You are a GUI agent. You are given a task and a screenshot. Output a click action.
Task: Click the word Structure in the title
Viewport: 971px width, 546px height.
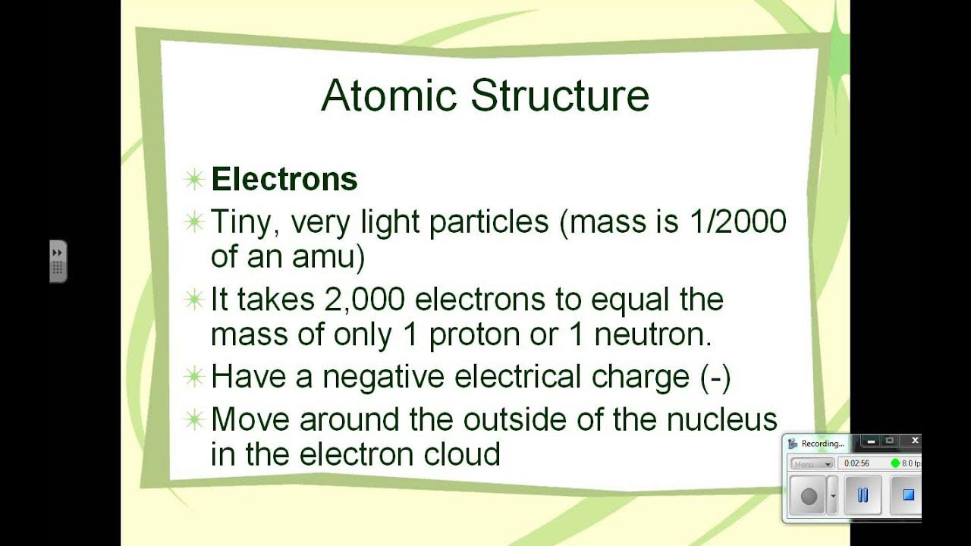(560, 96)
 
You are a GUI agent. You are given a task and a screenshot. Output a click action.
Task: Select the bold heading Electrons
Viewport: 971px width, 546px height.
(284, 180)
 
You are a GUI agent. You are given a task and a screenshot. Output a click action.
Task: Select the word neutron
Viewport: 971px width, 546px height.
(652, 334)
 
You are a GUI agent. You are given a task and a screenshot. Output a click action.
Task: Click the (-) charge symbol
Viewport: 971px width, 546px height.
(716, 377)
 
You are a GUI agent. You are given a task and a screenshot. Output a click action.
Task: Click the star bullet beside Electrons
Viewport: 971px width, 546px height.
(195, 180)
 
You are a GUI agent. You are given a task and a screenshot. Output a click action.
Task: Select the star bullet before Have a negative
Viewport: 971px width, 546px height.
(195, 377)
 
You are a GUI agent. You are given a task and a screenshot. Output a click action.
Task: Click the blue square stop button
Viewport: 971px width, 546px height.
(907, 495)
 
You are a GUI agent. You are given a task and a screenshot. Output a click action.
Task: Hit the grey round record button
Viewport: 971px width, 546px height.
(809, 496)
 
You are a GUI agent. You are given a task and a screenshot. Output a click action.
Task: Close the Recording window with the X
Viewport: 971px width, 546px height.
(915, 441)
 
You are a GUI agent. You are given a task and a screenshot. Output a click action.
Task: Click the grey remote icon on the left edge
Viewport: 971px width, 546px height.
(58, 262)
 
